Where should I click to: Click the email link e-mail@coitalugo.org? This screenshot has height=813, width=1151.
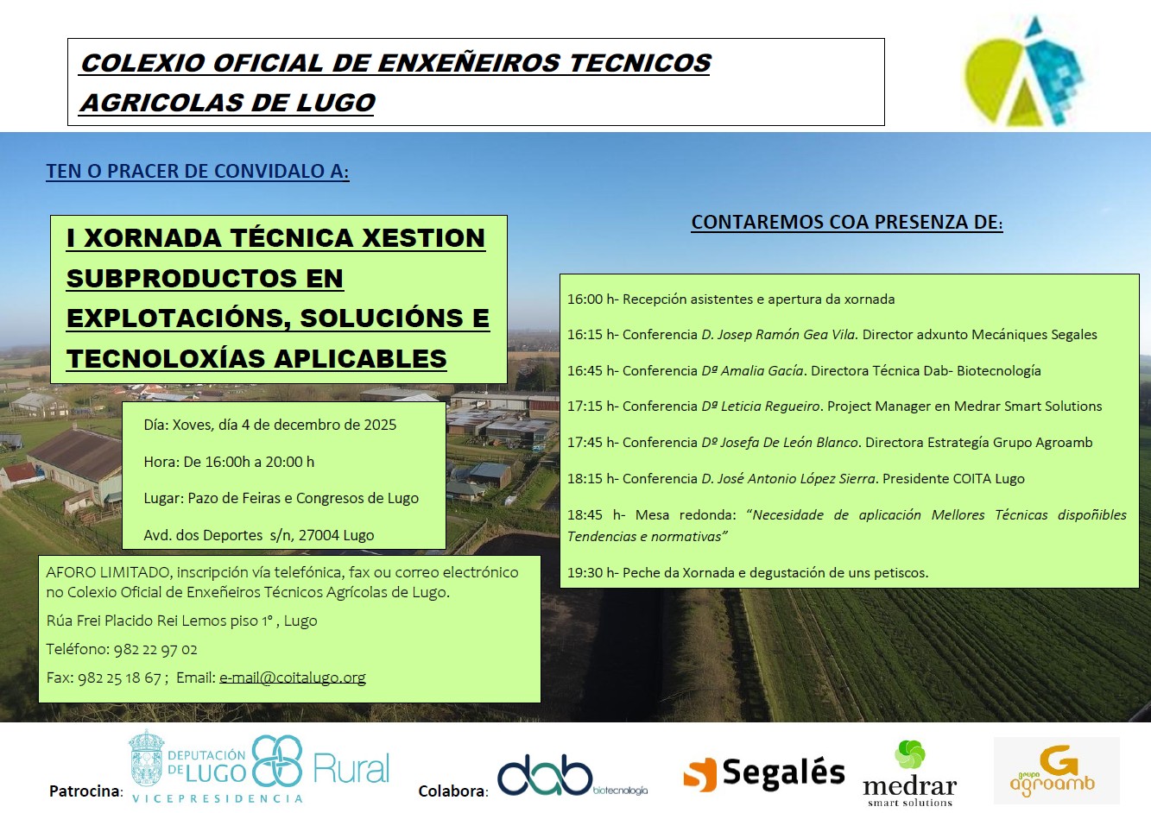tap(293, 677)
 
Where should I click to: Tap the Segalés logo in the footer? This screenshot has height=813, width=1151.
tap(763, 773)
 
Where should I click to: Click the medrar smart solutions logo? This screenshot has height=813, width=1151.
tap(909, 773)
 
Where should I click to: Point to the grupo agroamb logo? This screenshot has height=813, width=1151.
tap(1057, 770)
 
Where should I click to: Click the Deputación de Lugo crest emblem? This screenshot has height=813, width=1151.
tap(147, 759)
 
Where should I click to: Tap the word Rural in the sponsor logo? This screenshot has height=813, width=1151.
tap(351, 769)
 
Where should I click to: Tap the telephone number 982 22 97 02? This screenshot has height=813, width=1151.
tap(155, 649)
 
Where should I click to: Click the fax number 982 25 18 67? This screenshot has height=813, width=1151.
tap(120, 677)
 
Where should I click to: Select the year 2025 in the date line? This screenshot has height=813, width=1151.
tap(380, 425)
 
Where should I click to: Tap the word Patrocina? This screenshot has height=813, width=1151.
tap(85, 791)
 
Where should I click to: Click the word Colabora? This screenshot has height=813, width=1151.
tap(452, 791)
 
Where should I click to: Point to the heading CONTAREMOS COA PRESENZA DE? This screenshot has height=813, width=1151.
tap(847, 223)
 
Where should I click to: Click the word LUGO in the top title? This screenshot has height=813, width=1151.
tap(336, 103)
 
